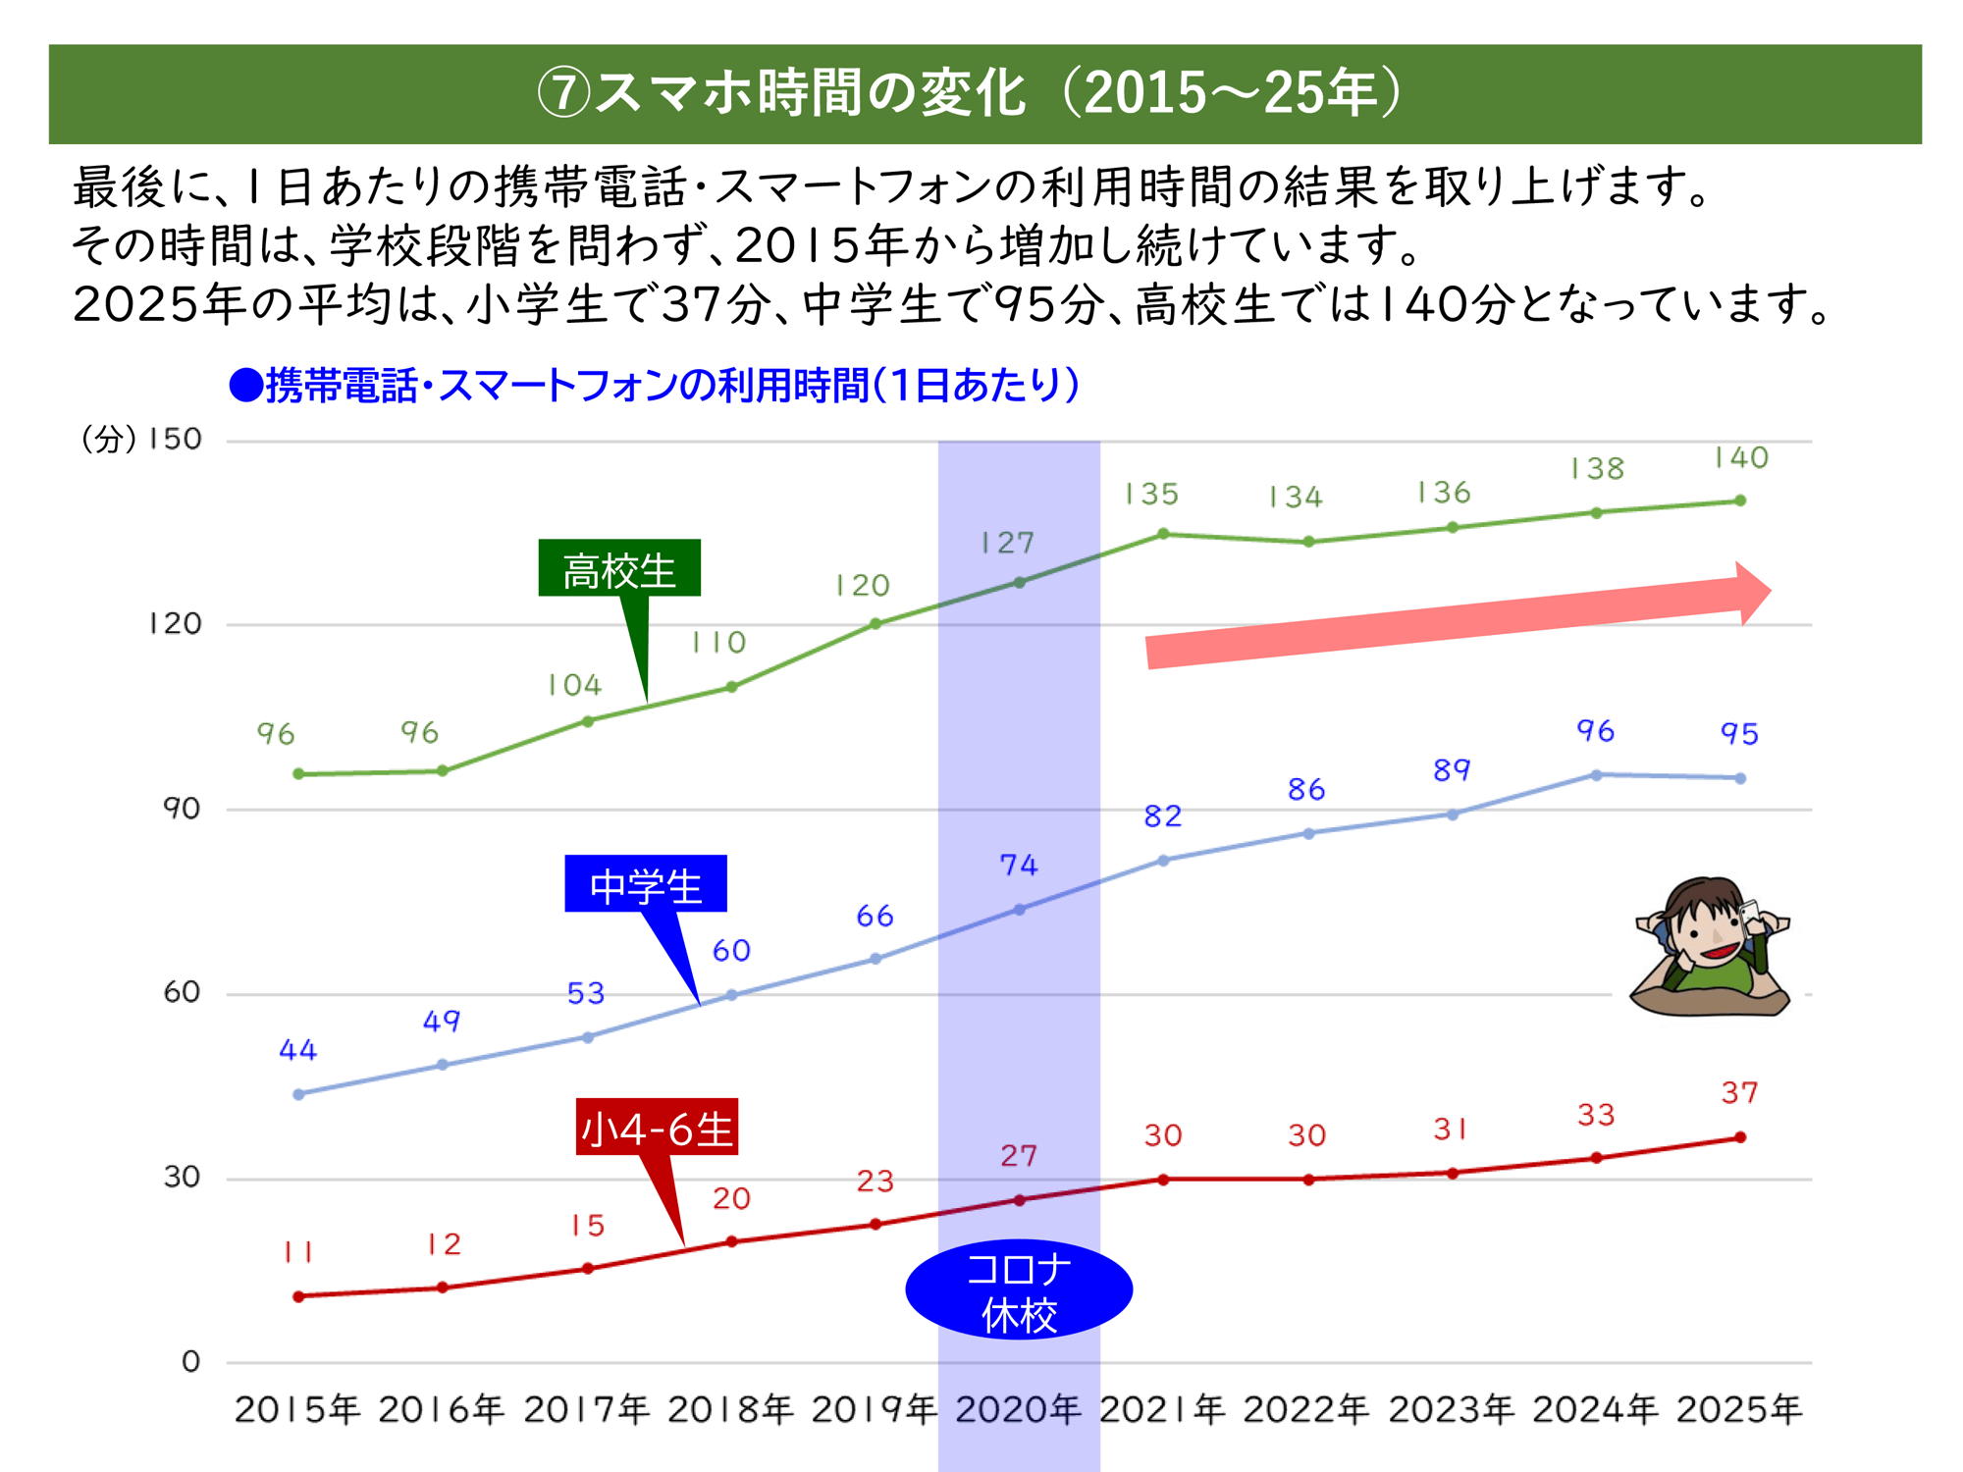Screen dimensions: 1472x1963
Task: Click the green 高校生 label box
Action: (x=619, y=568)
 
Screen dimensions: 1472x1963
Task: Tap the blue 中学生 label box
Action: (x=646, y=884)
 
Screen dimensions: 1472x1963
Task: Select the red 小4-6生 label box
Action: (x=657, y=1128)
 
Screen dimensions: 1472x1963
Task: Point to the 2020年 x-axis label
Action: (x=1018, y=1410)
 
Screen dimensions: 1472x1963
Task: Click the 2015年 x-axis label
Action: (x=297, y=1410)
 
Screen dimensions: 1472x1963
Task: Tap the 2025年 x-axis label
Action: (x=1738, y=1410)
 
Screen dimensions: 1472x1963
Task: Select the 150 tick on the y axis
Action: (x=175, y=439)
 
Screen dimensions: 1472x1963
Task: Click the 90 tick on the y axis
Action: (x=182, y=809)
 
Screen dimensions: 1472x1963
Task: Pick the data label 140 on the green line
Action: (x=1741, y=458)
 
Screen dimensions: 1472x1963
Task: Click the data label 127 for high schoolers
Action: (x=1008, y=543)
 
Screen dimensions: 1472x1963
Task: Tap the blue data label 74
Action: (x=1019, y=865)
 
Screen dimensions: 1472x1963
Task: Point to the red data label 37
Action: (x=1739, y=1092)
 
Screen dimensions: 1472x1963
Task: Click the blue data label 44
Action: (x=298, y=1050)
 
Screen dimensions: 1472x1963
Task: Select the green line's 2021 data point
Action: (x=1163, y=534)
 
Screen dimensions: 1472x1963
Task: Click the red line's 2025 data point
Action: (x=1740, y=1137)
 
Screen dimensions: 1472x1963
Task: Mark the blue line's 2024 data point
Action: (x=1597, y=775)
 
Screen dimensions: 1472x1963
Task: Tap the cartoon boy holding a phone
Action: (x=1711, y=947)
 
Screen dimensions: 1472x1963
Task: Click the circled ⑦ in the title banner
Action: (x=563, y=93)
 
